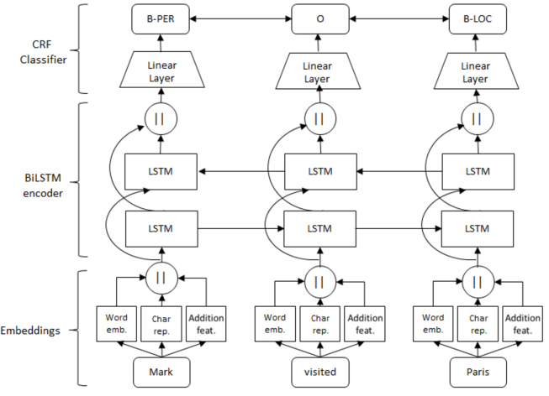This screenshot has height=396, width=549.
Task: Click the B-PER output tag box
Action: (161, 18)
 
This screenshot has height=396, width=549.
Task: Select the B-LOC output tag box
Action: (478, 18)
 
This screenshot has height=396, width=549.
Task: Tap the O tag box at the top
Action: (320, 18)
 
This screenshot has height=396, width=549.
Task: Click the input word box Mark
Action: (161, 372)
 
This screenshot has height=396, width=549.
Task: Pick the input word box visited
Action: (320, 372)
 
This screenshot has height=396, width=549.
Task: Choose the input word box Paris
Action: (478, 372)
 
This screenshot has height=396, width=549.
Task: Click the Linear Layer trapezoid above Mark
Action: (161, 70)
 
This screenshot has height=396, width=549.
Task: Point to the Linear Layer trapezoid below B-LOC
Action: (476, 71)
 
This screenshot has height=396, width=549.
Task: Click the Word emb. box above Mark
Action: (117, 324)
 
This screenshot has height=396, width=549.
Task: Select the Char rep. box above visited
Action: (320, 324)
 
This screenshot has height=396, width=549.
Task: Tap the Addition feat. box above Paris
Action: (523, 324)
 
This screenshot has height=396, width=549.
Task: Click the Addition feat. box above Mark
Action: (206, 324)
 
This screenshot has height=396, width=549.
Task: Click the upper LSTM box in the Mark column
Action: (161, 172)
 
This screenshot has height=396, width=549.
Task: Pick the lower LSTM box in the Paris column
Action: (478, 229)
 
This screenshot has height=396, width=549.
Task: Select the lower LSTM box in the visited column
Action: (319, 229)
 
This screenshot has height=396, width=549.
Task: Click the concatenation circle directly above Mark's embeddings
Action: (161, 279)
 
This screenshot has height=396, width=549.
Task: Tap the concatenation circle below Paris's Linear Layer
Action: (478, 119)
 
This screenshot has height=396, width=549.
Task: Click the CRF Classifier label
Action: (43, 52)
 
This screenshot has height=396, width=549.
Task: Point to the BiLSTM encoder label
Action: (43, 185)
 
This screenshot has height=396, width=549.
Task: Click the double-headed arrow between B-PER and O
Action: (240, 18)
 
